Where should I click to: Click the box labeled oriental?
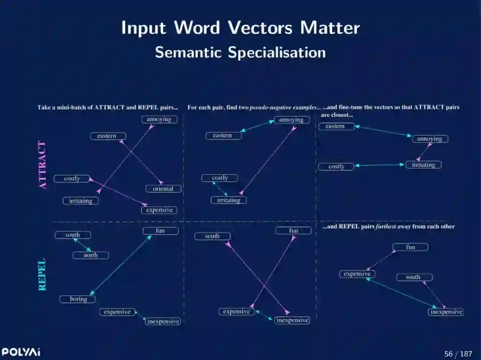[x=163, y=189]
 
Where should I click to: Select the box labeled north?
[x=91, y=255]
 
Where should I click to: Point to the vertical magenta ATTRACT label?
[x=43, y=165]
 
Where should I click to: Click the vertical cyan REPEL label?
[x=42, y=275]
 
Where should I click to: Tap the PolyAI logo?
[x=20, y=352]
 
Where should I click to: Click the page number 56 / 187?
[x=458, y=354]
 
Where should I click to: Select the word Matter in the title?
[x=330, y=28]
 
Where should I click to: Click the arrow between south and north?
[x=82, y=245]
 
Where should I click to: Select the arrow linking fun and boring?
[x=121, y=265]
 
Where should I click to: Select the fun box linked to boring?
[x=160, y=231]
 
